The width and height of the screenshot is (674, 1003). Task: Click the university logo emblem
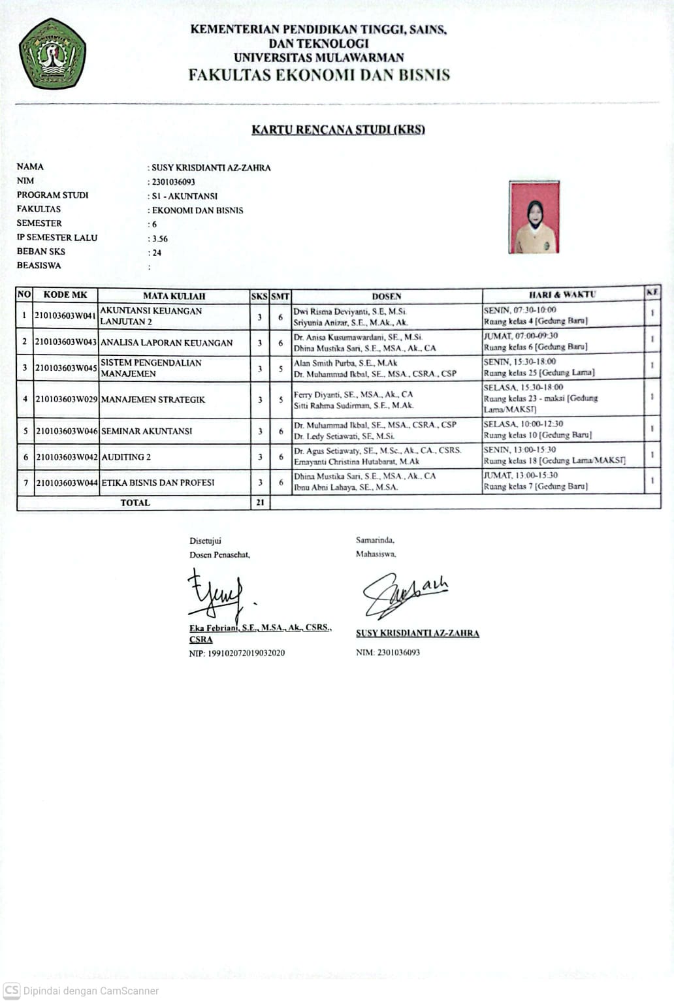click(52, 54)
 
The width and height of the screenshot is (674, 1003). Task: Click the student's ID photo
click(534, 217)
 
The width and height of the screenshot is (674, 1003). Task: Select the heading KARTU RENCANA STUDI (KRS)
click(338, 129)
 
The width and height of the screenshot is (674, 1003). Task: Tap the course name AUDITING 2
click(126, 457)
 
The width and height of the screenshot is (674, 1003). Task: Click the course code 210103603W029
click(66, 399)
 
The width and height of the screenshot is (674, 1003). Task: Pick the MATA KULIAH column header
click(174, 296)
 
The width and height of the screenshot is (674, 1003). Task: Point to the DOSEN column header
click(387, 296)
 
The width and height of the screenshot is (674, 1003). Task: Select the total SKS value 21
click(260, 503)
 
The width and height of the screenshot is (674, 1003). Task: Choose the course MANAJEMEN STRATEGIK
click(153, 399)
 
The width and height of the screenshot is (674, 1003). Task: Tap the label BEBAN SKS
click(41, 251)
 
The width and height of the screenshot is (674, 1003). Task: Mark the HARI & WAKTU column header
click(562, 295)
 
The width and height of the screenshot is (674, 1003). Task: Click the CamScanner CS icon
click(12, 990)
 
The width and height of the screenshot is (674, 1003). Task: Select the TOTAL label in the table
click(135, 503)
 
